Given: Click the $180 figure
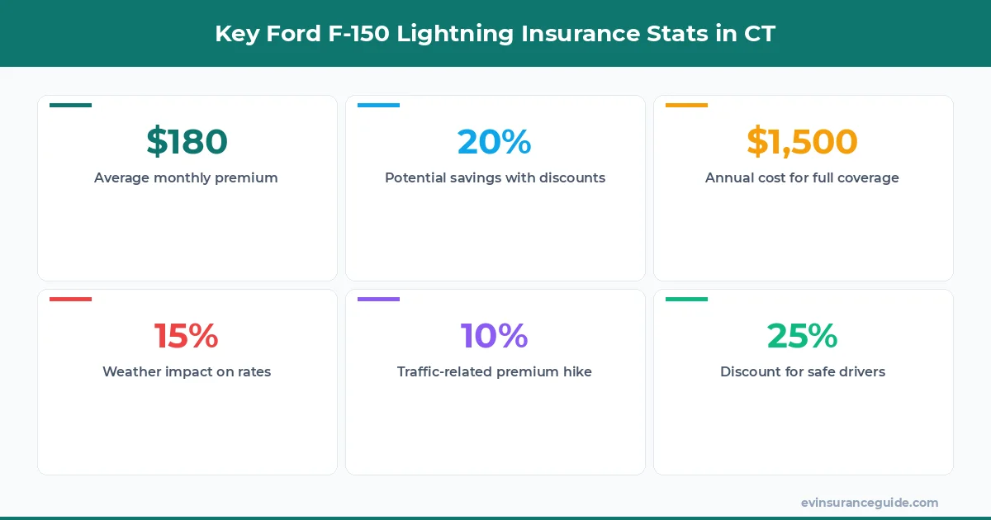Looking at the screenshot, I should pos(187,142).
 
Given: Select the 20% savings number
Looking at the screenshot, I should pos(495,142).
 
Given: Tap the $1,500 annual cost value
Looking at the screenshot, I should pos(803,142).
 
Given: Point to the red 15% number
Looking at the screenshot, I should pos(187,336).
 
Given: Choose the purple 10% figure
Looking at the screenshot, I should pos(495,336).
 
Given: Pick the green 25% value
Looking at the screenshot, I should pos(803,336).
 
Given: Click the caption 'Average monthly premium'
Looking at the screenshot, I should pos(186,177).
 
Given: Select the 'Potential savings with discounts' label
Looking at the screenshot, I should pos(495,177).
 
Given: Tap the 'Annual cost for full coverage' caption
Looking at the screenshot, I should pos(802,177).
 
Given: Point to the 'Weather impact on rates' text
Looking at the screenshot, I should pos(187,371).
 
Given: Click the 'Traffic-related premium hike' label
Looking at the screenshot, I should pos(495,371).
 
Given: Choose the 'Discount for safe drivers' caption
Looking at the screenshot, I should pos(803,371).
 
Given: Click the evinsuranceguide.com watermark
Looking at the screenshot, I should pos(870,502).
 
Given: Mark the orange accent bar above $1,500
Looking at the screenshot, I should pos(686,105).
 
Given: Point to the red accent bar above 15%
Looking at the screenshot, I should pos(70,299).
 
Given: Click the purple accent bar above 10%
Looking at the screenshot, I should pos(378,299).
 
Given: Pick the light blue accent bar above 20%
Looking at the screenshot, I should pos(378,105).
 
